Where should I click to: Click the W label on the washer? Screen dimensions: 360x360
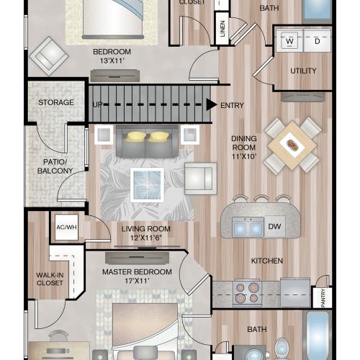tap(289, 42)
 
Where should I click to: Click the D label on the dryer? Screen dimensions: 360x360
tap(317, 42)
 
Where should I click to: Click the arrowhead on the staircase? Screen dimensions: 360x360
tap(211, 104)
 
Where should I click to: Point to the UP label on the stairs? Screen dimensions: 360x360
tap(97, 104)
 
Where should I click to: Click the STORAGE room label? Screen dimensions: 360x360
tap(56, 102)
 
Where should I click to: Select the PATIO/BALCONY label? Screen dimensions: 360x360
tap(55, 166)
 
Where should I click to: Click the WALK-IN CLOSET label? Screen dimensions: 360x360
tap(50, 279)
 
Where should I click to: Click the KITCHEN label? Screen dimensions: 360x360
tap(266, 261)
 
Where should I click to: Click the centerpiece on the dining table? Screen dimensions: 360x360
tap(292, 143)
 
